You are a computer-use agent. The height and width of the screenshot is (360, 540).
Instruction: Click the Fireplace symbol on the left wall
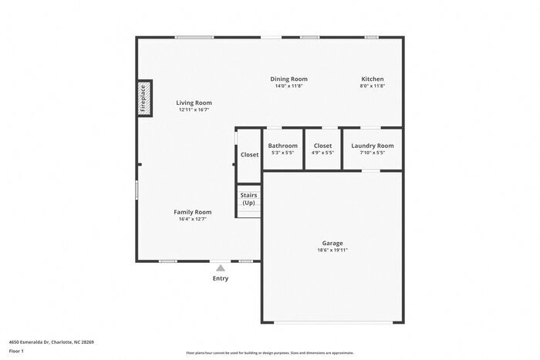pos(143,98)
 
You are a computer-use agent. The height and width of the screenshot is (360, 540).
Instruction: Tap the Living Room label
pos(194,103)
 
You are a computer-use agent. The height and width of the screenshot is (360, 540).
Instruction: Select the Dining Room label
pos(289,79)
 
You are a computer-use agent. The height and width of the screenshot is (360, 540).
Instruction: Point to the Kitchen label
pos(373,79)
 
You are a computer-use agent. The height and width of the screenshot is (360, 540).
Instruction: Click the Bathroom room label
pos(282,146)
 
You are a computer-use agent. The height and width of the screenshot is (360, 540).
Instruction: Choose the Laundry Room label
pos(373,146)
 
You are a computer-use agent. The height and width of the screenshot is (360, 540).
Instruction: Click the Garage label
pos(332,243)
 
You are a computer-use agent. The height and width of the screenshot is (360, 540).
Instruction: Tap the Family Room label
pos(192,212)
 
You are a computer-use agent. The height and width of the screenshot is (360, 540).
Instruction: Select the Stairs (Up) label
pos(248,199)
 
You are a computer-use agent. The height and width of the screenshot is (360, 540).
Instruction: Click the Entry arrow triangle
pos(221,267)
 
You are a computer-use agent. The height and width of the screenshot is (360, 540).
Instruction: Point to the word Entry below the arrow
pos(221,278)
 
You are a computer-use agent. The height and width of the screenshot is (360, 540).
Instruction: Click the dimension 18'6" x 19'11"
pos(332,250)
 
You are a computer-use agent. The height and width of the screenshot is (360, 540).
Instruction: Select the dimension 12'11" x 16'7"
pos(194,109)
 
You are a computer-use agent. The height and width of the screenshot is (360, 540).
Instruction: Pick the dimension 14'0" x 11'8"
pos(289,86)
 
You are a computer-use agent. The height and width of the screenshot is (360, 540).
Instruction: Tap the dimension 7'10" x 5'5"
pos(373,153)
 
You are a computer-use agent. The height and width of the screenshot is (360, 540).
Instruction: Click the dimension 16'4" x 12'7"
pos(192,219)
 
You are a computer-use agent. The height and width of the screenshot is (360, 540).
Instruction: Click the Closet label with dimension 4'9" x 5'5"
pos(322,146)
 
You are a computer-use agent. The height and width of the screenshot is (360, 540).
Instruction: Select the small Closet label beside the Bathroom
pos(249,155)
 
